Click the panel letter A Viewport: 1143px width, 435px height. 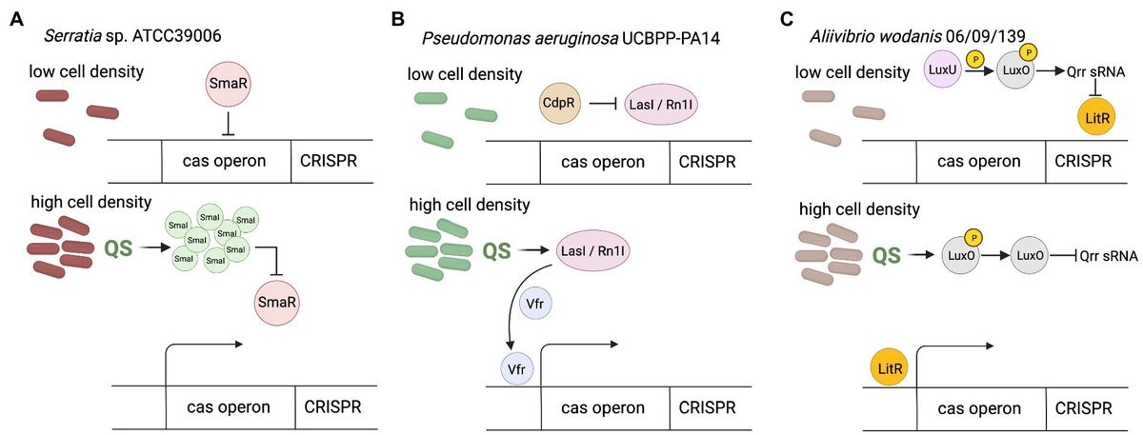point(16,19)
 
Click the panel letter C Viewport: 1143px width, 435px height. point(787,17)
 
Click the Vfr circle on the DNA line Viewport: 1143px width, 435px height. point(520,367)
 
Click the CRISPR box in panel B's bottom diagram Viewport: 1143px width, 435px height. point(714,407)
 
